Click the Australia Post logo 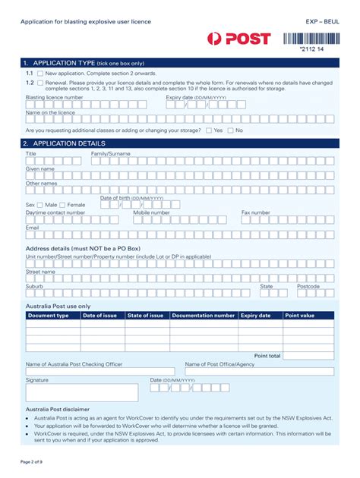click(x=238, y=39)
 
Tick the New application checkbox click(x=40, y=73)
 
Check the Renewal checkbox click(x=40, y=82)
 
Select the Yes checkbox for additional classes click(x=209, y=131)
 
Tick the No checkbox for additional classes click(x=231, y=131)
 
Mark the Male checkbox click(x=40, y=205)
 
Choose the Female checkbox click(x=63, y=205)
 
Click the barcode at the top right click(x=308, y=39)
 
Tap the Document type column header click(x=49, y=315)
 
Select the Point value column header click(x=299, y=315)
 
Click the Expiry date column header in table click(x=255, y=315)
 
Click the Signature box click(x=82, y=392)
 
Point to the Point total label click(x=267, y=355)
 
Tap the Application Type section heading click(x=84, y=62)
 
